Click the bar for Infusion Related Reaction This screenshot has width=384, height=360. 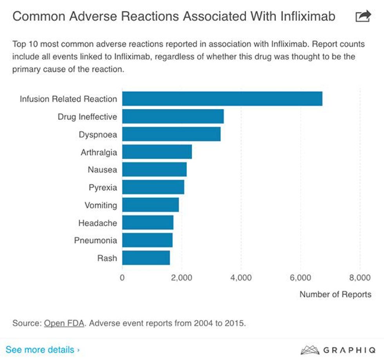click(222, 99)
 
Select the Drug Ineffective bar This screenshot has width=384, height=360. click(173, 117)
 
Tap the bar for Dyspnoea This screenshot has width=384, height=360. click(171, 134)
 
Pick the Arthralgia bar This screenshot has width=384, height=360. click(157, 152)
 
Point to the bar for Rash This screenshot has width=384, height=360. click(146, 258)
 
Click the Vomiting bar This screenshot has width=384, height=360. click(150, 205)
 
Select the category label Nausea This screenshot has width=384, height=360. click(102, 170)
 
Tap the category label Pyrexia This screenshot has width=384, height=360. click(103, 188)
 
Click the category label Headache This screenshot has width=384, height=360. click(98, 223)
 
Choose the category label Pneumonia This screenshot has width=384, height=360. click(96, 241)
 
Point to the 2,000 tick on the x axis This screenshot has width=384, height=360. click(182, 278)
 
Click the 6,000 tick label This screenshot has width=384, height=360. click(301, 278)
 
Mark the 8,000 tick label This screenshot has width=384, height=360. click(360, 278)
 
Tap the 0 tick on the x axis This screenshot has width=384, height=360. click(122, 278)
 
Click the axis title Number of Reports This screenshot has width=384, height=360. click(335, 295)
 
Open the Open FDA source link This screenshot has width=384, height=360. click(64, 324)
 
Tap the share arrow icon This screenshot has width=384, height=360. click(363, 16)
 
